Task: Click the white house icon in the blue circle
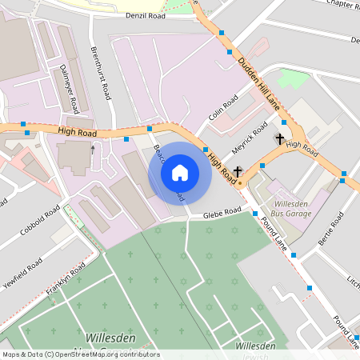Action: (180, 173)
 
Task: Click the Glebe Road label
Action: (222, 212)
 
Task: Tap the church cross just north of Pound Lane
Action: (238, 170)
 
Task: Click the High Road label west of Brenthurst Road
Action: (76, 130)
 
